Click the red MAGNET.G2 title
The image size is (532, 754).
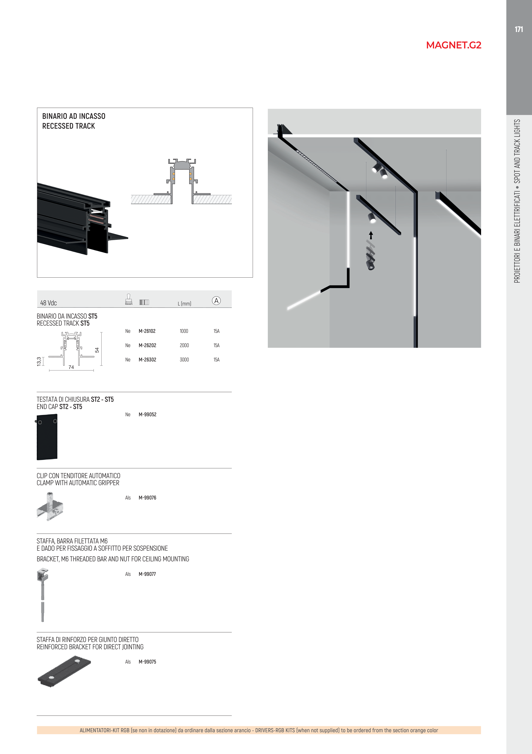pos(454,45)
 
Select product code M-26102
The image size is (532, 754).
pos(147,331)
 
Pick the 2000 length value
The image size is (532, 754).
pos(184,345)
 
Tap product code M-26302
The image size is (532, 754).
pos(147,360)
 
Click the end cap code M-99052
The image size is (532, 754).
pos(147,414)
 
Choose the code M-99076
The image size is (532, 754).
pos(147,498)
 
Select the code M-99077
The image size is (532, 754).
pos(147,574)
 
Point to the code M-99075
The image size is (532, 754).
pos(147,662)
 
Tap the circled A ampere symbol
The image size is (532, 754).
pos(216,300)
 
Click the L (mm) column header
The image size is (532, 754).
pos(184,303)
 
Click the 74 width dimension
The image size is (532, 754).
pos(71,367)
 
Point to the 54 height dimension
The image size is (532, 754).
pos(97,350)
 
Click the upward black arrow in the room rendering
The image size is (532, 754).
pos(371,235)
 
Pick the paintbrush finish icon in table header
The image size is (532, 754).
pos(128,300)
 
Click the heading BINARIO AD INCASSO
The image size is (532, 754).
pos(74,116)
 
